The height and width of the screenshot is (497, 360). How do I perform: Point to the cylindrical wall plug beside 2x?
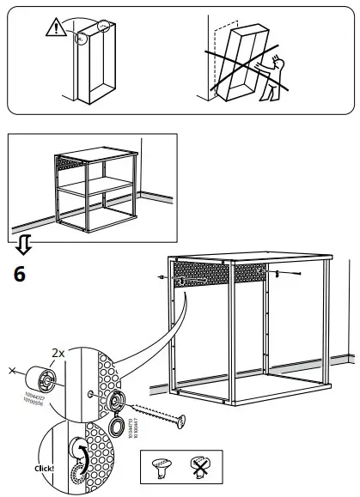pyautogui.click(x=39, y=377)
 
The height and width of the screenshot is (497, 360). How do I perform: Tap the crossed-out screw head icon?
pyautogui.click(x=201, y=468)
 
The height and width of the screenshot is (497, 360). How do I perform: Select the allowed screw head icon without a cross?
pyautogui.click(x=163, y=468)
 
